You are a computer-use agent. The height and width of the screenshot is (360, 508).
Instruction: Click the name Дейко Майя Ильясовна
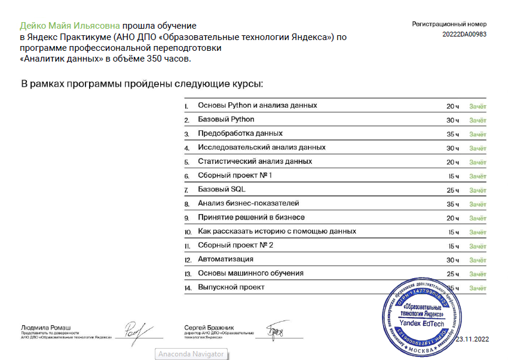(70, 26)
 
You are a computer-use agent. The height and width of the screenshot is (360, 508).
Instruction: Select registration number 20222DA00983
(464, 34)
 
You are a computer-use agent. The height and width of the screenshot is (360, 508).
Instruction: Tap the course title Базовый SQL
(222, 190)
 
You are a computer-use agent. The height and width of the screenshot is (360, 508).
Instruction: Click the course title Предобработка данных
(240, 133)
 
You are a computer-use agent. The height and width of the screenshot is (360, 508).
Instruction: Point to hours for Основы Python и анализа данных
(452, 106)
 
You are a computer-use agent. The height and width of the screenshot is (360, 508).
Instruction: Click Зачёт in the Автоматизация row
(478, 260)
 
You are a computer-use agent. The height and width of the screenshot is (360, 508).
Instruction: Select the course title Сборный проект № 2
(235, 245)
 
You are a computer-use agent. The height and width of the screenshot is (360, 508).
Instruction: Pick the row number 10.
(188, 232)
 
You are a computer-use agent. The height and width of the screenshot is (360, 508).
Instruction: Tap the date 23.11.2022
(472, 340)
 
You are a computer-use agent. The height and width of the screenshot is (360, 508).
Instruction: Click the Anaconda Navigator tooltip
(191, 354)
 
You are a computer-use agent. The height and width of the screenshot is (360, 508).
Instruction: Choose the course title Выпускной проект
(231, 288)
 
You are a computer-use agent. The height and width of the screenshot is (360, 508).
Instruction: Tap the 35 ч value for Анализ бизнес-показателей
(452, 204)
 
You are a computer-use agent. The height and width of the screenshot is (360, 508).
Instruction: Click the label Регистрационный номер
(449, 24)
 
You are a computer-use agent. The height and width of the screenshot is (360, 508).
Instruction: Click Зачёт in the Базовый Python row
(478, 120)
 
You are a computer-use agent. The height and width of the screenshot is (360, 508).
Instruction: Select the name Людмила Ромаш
(45, 328)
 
